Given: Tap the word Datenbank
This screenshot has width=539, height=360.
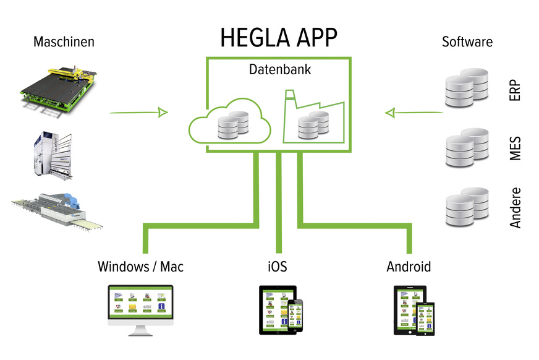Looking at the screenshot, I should tap(280, 70).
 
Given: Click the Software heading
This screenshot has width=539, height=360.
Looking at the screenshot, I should tap(467, 43).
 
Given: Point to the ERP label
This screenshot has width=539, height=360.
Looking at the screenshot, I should tap(516, 90).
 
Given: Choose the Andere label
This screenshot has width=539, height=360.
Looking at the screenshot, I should tap(516, 208).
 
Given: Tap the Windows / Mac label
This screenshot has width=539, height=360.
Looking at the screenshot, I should tap(140, 267).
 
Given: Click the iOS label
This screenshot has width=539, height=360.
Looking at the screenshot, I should tap(278, 267).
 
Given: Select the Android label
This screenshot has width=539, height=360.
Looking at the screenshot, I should tap(409, 267).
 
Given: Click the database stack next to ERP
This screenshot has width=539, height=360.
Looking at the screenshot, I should tap(467, 90).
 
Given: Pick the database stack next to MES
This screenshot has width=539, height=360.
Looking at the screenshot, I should tap(467, 148).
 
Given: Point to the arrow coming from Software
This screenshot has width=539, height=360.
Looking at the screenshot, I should tap(414, 113).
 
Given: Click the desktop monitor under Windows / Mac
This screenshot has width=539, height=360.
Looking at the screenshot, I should tap(141, 306).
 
